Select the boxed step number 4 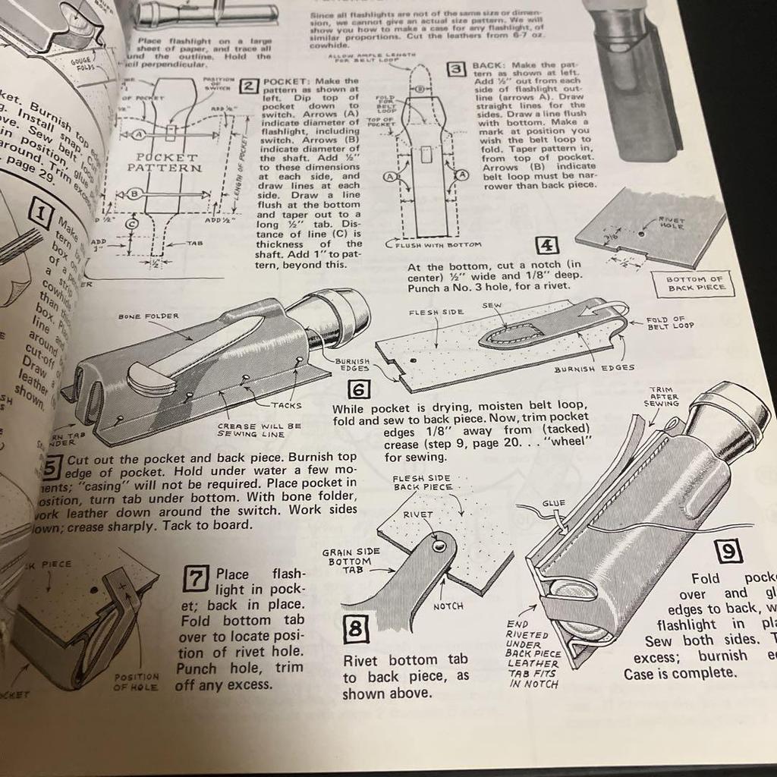(x=547, y=245)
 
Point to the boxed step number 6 (x=358, y=390)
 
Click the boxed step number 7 (x=196, y=580)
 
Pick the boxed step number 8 (x=356, y=630)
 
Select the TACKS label (x=286, y=405)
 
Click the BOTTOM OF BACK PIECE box (x=694, y=285)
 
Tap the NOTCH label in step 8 (x=448, y=606)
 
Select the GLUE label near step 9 (x=553, y=503)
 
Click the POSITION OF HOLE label (x=137, y=681)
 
